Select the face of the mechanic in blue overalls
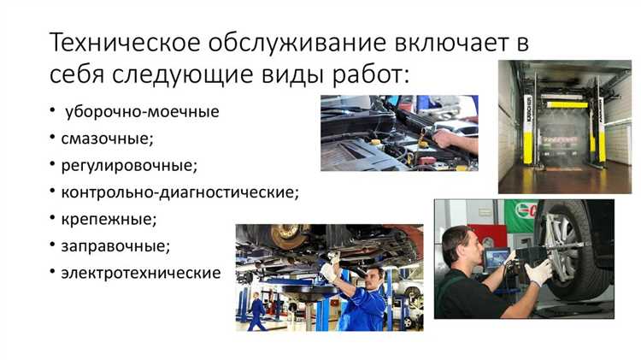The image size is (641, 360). (374, 279)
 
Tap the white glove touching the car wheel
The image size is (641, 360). (539, 273)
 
